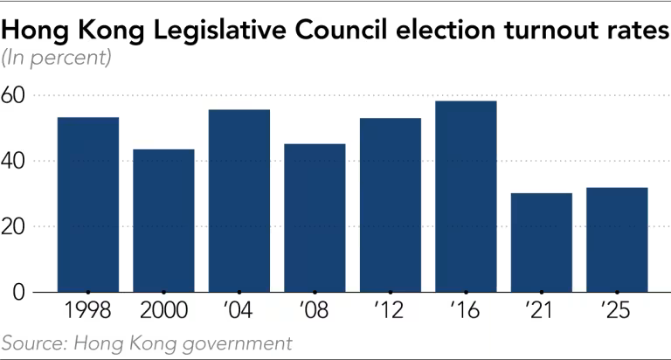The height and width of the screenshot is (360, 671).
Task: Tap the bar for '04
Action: (x=239, y=200)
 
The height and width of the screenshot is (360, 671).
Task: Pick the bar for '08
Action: (x=315, y=218)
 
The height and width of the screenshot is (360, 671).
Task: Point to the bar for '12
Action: (x=390, y=204)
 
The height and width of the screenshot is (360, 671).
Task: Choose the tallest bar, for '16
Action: (x=466, y=196)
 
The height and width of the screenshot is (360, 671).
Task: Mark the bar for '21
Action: (x=541, y=242)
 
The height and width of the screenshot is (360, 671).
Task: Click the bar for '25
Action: (x=617, y=239)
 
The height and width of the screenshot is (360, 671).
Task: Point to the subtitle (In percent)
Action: (x=57, y=59)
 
